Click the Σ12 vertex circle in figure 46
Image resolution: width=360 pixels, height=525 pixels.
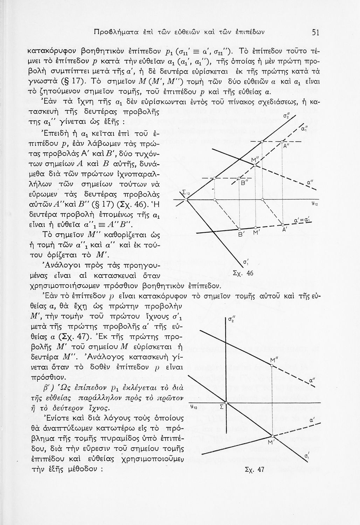pos(187,199)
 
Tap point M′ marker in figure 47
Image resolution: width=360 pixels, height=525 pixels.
pos(272,436)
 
